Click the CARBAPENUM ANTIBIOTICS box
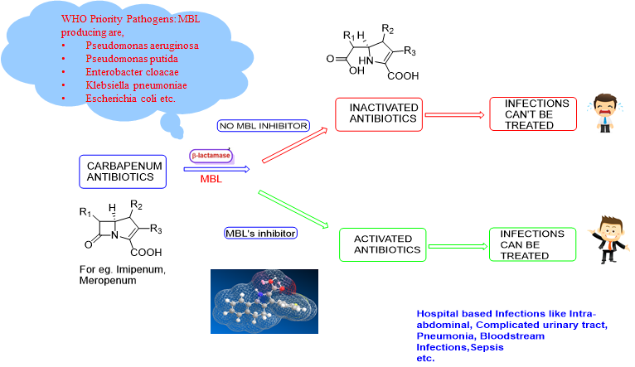(122, 171)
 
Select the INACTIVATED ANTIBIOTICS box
(377, 114)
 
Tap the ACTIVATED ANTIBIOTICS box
(382, 244)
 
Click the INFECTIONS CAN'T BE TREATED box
(530, 114)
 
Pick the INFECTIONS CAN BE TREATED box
(530, 244)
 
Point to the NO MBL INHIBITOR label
(264, 126)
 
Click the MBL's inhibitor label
(260, 233)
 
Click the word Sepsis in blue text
(485, 348)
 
